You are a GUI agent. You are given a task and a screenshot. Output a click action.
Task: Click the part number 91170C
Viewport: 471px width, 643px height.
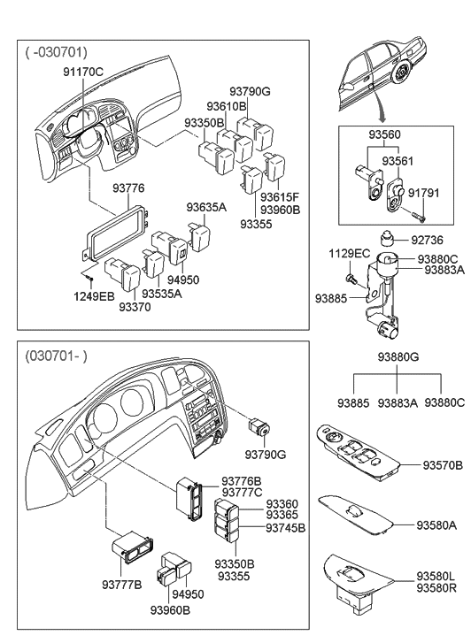(83, 71)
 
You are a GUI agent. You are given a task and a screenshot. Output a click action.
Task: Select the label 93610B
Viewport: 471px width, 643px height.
(225, 106)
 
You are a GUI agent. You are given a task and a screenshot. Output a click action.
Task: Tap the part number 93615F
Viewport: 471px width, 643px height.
(281, 197)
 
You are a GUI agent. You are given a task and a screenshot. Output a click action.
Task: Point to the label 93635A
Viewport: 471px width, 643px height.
(207, 207)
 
